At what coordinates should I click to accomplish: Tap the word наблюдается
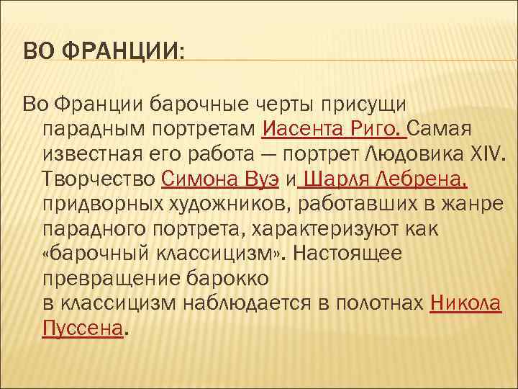click(250, 303)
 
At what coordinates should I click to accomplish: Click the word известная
click(94, 154)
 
